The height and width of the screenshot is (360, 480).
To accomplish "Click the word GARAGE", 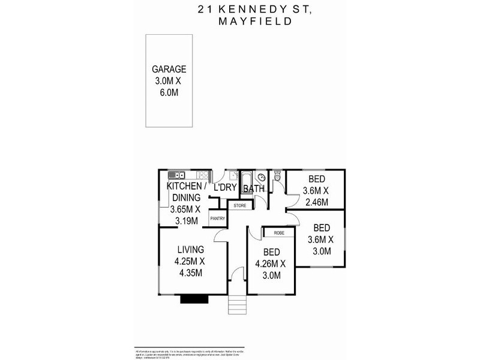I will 169,69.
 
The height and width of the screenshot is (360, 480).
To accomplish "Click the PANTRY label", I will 217,219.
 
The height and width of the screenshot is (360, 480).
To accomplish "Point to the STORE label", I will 240,205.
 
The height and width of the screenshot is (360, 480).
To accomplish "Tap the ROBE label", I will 278,232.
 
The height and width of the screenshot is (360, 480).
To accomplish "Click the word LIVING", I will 190,250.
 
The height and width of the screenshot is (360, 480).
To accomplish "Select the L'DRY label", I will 225,188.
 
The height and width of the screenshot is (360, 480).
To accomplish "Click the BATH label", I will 254,189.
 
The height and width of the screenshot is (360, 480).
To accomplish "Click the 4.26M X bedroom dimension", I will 271,263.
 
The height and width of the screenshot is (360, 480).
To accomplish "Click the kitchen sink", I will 178,175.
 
